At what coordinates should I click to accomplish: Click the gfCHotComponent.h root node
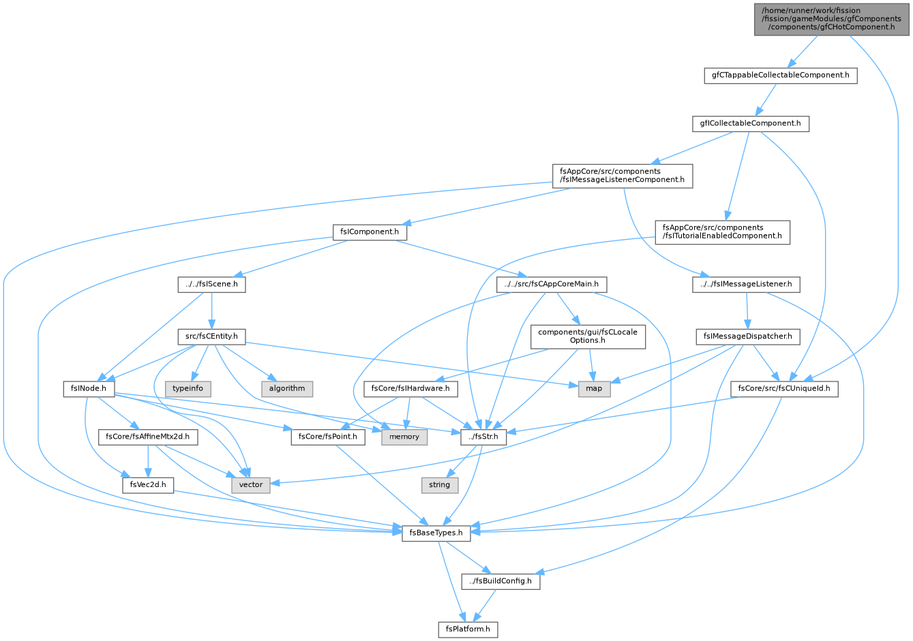831,20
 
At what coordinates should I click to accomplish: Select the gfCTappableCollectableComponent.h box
781,76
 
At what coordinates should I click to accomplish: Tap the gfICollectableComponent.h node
750,124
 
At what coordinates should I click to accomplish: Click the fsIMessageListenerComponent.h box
623,176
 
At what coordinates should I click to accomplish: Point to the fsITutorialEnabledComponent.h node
722,232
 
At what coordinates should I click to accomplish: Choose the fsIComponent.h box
370,232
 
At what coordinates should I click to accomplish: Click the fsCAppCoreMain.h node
552,284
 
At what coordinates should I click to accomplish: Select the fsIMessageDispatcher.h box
748,337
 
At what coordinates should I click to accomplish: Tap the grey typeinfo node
188,388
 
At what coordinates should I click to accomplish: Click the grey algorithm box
287,388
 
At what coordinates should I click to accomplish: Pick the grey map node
595,388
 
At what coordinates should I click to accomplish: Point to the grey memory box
404,437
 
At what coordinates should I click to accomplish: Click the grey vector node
251,484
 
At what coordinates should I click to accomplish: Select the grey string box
439,484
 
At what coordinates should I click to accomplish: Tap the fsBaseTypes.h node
436,533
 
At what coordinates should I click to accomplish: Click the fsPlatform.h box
468,629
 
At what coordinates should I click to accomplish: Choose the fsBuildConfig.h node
500,581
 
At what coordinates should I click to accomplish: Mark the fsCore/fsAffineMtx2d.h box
148,437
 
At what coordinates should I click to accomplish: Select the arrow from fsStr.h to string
462,461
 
